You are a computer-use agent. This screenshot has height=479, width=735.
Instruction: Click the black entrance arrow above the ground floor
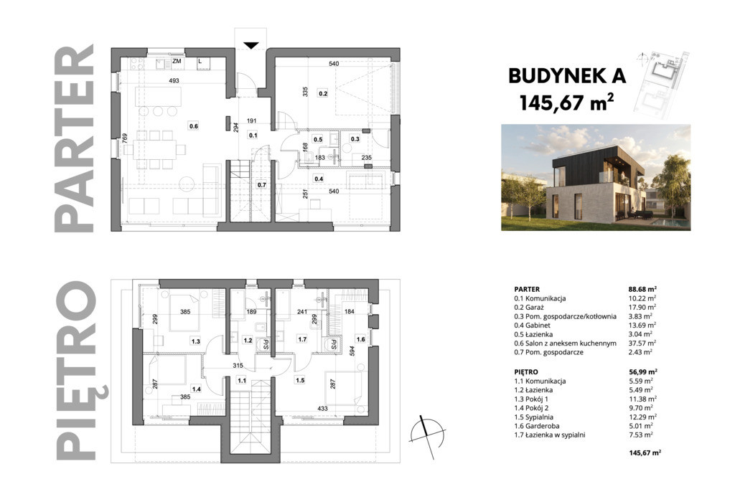click(x=251, y=45)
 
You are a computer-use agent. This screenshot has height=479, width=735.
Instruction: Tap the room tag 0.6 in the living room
click(x=194, y=125)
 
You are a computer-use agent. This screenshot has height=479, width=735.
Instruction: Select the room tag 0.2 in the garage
click(x=323, y=93)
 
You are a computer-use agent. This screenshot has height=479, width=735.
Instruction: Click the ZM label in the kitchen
click(x=177, y=61)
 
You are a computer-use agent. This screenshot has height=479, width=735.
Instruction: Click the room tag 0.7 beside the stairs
click(x=261, y=184)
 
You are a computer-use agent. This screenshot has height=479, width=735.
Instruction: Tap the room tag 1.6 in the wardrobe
click(x=360, y=339)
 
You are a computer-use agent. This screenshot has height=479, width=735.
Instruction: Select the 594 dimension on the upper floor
click(x=352, y=351)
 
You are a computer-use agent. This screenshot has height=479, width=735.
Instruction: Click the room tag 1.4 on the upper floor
click(x=196, y=389)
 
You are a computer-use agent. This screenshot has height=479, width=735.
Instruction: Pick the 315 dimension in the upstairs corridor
click(x=238, y=366)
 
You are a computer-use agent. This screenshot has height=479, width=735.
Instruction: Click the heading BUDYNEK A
click(x=567, y=76)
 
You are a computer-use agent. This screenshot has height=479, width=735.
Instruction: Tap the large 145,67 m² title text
click(x=567, y=103)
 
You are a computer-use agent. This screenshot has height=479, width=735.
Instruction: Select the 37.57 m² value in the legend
click(x=642, y=343)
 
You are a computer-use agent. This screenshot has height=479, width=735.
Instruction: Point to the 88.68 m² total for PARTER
click(x=642, y=289)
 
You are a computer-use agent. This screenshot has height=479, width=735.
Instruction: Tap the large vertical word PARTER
click(x=74, y=138)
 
